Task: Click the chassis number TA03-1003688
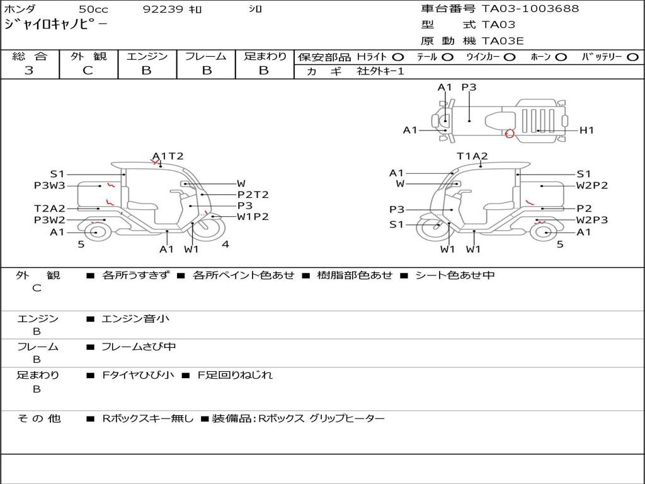(x=530, y=9)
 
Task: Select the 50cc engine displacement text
(x=93, y=9)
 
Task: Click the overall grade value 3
(x=29, y=71)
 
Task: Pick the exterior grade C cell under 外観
(x=88, y=71)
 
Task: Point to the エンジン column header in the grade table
(x=147, y=57)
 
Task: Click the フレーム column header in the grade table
(x=205, y=57)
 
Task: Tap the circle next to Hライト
(x=398, y=57)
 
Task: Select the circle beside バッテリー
(x=632, y=57)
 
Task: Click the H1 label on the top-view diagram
(x=587, y=130)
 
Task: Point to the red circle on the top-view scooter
(x=510, y=132)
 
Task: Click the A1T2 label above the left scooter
(x=168, y=156)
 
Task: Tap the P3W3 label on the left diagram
(x=49, y=185)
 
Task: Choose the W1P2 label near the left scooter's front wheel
(x=253, y=217)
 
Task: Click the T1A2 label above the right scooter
(x=472, y=156)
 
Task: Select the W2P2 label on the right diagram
(x=592, y=185)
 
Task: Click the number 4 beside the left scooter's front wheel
(x=225, y=244)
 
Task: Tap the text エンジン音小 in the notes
(x=135, y=319)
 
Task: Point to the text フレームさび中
(x=139, y=347)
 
